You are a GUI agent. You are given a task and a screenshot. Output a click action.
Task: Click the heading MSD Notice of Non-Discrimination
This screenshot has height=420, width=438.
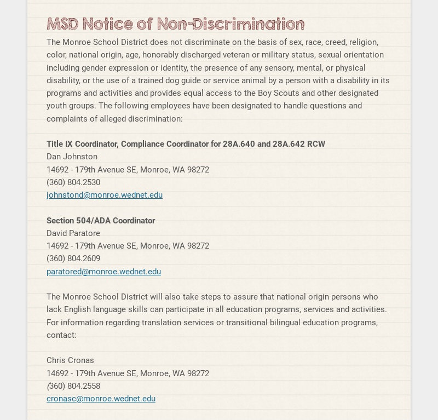pos(175,24)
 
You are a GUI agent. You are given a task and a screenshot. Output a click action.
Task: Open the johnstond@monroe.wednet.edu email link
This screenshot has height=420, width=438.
pos(105,195)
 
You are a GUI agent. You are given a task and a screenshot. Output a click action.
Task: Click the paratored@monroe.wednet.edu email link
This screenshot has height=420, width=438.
pos(103,272)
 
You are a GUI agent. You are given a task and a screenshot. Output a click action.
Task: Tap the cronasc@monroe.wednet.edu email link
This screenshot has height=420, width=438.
pos(101,399)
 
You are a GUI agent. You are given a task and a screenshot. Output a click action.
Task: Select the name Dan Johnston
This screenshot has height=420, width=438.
pos(72,157)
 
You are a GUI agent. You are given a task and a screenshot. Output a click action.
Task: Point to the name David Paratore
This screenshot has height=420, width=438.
pos(73,233)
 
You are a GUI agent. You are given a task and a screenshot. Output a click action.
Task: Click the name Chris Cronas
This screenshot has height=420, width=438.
pos(70,360)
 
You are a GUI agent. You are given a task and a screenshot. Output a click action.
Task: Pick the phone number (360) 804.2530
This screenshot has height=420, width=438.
pos(73,182)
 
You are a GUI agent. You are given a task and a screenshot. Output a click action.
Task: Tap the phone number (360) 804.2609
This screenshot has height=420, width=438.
pos(73,258)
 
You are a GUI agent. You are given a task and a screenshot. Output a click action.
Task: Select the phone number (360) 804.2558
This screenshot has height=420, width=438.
pos(73,386)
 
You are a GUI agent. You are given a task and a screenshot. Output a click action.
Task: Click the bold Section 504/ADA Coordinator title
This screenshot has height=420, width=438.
pos(101,221)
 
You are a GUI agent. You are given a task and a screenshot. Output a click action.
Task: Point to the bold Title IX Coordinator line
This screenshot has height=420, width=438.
pos(186,144)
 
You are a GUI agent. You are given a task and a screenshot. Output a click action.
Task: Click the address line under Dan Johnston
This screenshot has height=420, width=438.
pos(128,170)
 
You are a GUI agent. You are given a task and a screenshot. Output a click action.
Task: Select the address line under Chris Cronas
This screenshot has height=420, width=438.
pos(128,373)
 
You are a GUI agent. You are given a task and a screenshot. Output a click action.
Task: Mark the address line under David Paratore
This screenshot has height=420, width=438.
pos(128,246)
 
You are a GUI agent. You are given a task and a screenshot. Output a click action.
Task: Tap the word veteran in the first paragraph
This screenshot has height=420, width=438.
pos(264,55)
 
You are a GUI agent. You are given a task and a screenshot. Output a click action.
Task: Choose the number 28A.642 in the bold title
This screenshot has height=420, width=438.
pos(289,144)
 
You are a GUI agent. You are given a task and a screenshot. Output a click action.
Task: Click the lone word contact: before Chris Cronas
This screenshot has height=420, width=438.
pos(61,335)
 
